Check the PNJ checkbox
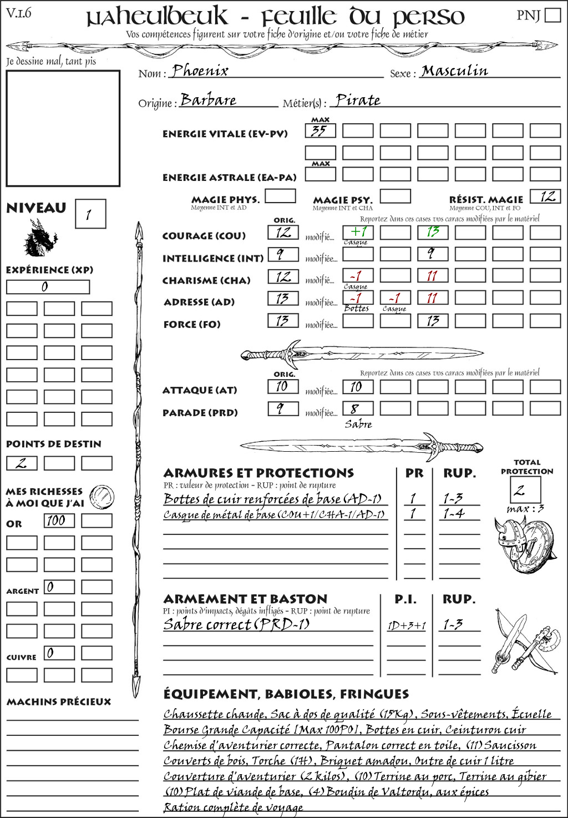[552, 15]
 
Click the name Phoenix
[200, 71]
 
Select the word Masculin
[454, 71]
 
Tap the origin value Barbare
[209, 100]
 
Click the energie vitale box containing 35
[320, 131]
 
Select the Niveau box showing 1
[90, 214]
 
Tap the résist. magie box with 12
[545, 196]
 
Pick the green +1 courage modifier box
[358, 232]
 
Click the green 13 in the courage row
[433, 232]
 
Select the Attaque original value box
[283, 386]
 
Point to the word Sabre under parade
[358, 424]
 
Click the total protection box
[525, 490]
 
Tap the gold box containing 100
[59, 521]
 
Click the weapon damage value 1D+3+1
[407, 625]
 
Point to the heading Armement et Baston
[245, 599]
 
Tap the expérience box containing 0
[48, 287]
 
